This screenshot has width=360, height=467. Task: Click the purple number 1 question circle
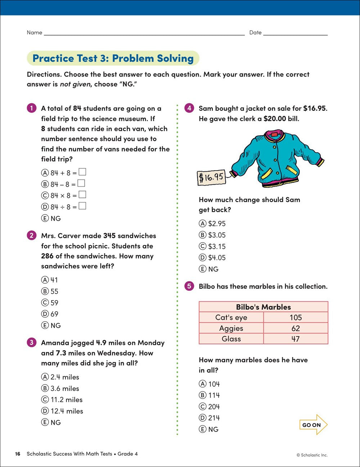click(x=32, y=108)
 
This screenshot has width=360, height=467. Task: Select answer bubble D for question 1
click(x=45, y=207)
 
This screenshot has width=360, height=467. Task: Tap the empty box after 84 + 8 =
click(x=82, y=172)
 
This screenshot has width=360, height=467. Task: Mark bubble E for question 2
click(x=45, y=326)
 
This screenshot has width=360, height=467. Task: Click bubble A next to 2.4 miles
click(x=45, y=377)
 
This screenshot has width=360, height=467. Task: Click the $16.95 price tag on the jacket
click(x=211, y=177)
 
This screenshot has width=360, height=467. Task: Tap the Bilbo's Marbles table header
click(x=263, y=307)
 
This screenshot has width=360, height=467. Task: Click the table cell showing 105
click(x=296, y=317)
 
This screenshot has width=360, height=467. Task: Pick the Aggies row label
click(x=231, y=328)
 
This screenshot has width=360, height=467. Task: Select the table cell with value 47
click(x=296, y=339)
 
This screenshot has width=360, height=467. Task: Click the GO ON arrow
click(x=313, y=425)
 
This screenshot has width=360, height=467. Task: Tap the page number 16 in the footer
click(x=18, y=454)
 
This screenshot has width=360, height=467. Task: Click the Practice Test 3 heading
click(x=113, y=58)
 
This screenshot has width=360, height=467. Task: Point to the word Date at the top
click(x=255, y=32)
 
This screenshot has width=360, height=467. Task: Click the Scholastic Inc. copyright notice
click(x=312, y=455)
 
